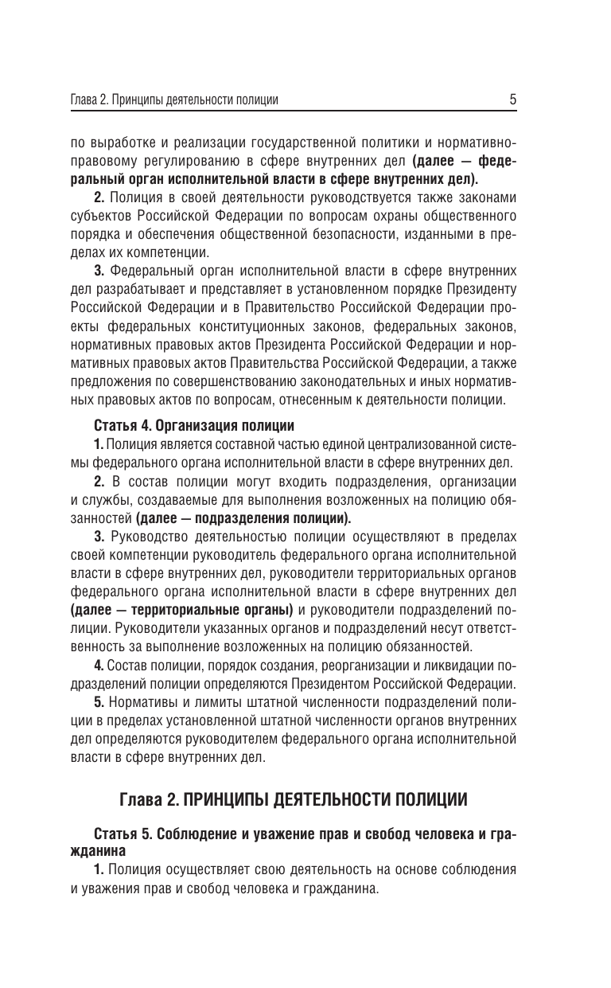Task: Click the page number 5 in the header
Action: pos(513,100)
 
